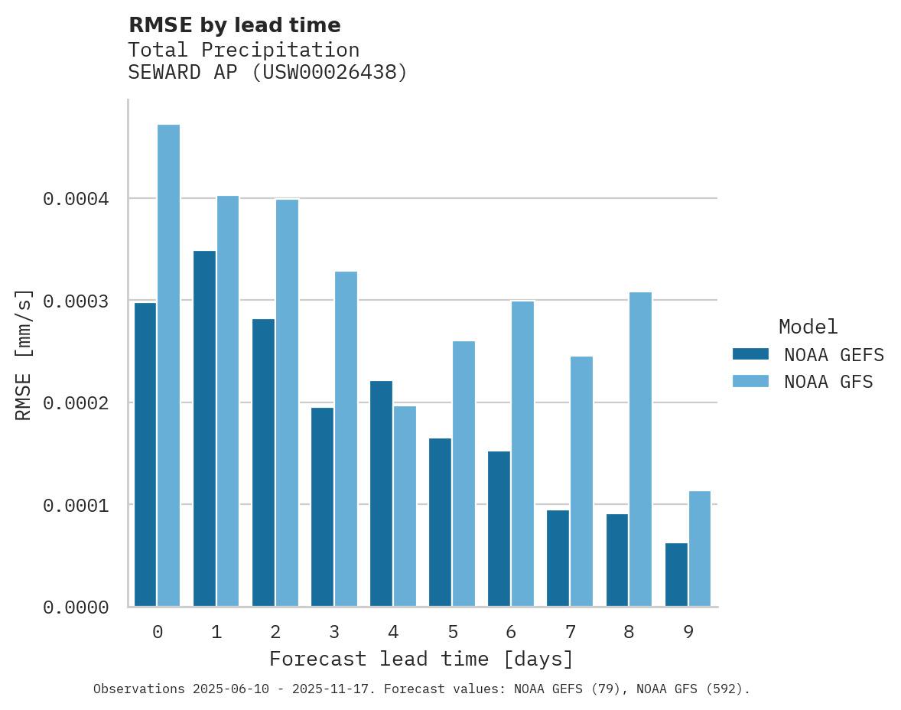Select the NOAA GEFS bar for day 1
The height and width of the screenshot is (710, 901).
point(204,428)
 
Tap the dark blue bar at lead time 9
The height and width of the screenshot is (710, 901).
point(676,575)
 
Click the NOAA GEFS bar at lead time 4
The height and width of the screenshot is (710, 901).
point(381,493)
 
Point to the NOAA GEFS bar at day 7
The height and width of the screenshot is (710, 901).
point(558,558)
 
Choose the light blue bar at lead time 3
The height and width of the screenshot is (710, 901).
point(346,439)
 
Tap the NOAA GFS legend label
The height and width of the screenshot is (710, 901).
point(828,381)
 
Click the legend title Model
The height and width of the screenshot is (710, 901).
point(808,327)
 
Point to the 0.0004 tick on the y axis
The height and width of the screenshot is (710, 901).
point(76,199)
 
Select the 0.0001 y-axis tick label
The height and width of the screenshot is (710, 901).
point(76,505)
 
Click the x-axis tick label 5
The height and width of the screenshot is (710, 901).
point(452,632)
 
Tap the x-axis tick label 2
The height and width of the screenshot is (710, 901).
point(275,632)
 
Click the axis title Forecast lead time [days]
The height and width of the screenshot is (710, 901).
point(421,659)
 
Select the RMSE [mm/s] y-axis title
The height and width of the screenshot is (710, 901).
point(24,354)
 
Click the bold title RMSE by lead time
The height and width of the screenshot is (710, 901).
point(234,25)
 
